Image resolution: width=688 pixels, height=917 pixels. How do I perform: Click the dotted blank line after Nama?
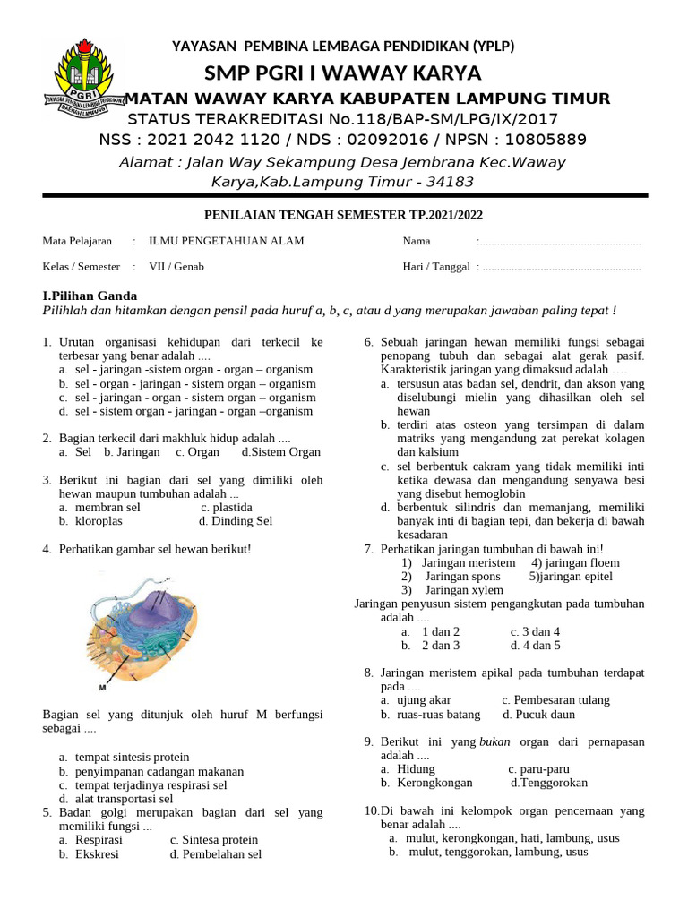(x=560, y=242)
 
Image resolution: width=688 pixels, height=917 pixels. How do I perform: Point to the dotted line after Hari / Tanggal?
(x=560, y=268)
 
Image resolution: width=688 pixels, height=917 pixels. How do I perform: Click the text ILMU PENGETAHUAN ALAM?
(x=227, y=241)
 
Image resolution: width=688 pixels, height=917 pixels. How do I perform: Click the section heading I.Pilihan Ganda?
(x=90, y=296)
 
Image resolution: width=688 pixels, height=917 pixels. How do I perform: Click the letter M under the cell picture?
(x=102, y=688)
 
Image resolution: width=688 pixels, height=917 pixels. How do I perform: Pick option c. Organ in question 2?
(x=197, y=452)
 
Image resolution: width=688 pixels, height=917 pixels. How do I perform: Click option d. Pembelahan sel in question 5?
(x=215, y=854)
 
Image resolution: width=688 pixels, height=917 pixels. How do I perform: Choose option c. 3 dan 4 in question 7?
(x=535, y=631)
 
